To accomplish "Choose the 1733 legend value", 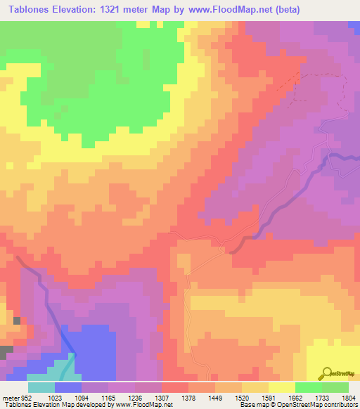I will point(322,396).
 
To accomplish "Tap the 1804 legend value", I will point(347,396).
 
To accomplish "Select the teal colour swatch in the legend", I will point(41,387).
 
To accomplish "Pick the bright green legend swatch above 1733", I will point(309,387).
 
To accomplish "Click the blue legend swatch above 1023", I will point(68,387).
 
